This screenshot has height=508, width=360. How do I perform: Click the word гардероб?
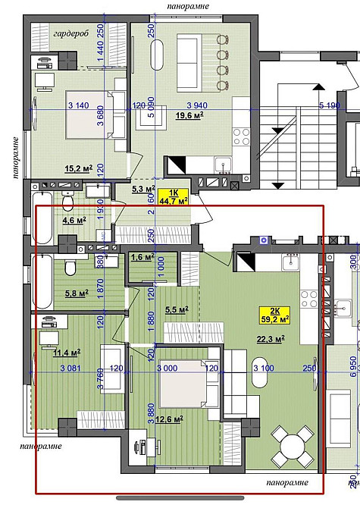click(x=71, y=34)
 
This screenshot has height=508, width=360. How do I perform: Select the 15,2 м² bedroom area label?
click(x=78, y=168)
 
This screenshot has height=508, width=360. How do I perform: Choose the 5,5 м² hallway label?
click(x=175, y=309)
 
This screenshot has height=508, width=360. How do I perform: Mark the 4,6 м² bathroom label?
click(x=74, y=221)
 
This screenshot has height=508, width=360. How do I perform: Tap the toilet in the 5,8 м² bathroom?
click(x=69, y=268)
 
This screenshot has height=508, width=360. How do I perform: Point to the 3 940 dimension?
click(x=198, y=105)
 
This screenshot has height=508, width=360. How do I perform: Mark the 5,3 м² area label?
click(x=143, y=189)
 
